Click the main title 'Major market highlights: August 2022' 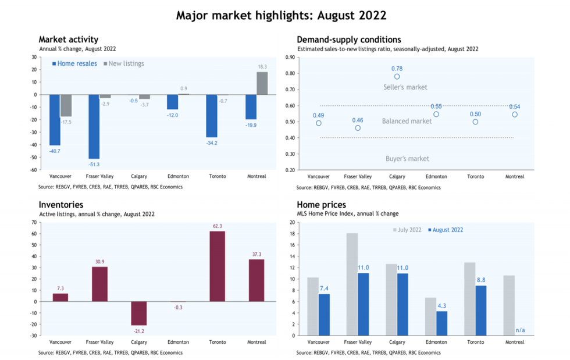[x=281, y=15]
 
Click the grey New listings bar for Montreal [x=262, y=83]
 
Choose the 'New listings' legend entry [x=124, y=63]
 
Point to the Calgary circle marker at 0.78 [x=397, y=77]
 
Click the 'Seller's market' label [x=405, y=87]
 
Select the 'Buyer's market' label [x=407, y=159]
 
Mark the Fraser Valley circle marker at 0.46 [x=358, y=128]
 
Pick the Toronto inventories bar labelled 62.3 [x=217, y=266]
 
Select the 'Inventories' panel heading [x=60, y=205]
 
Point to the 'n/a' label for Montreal [x=520, y=330]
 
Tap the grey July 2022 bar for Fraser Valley [x=352, y=284]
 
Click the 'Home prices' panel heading [x=321, y=205]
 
